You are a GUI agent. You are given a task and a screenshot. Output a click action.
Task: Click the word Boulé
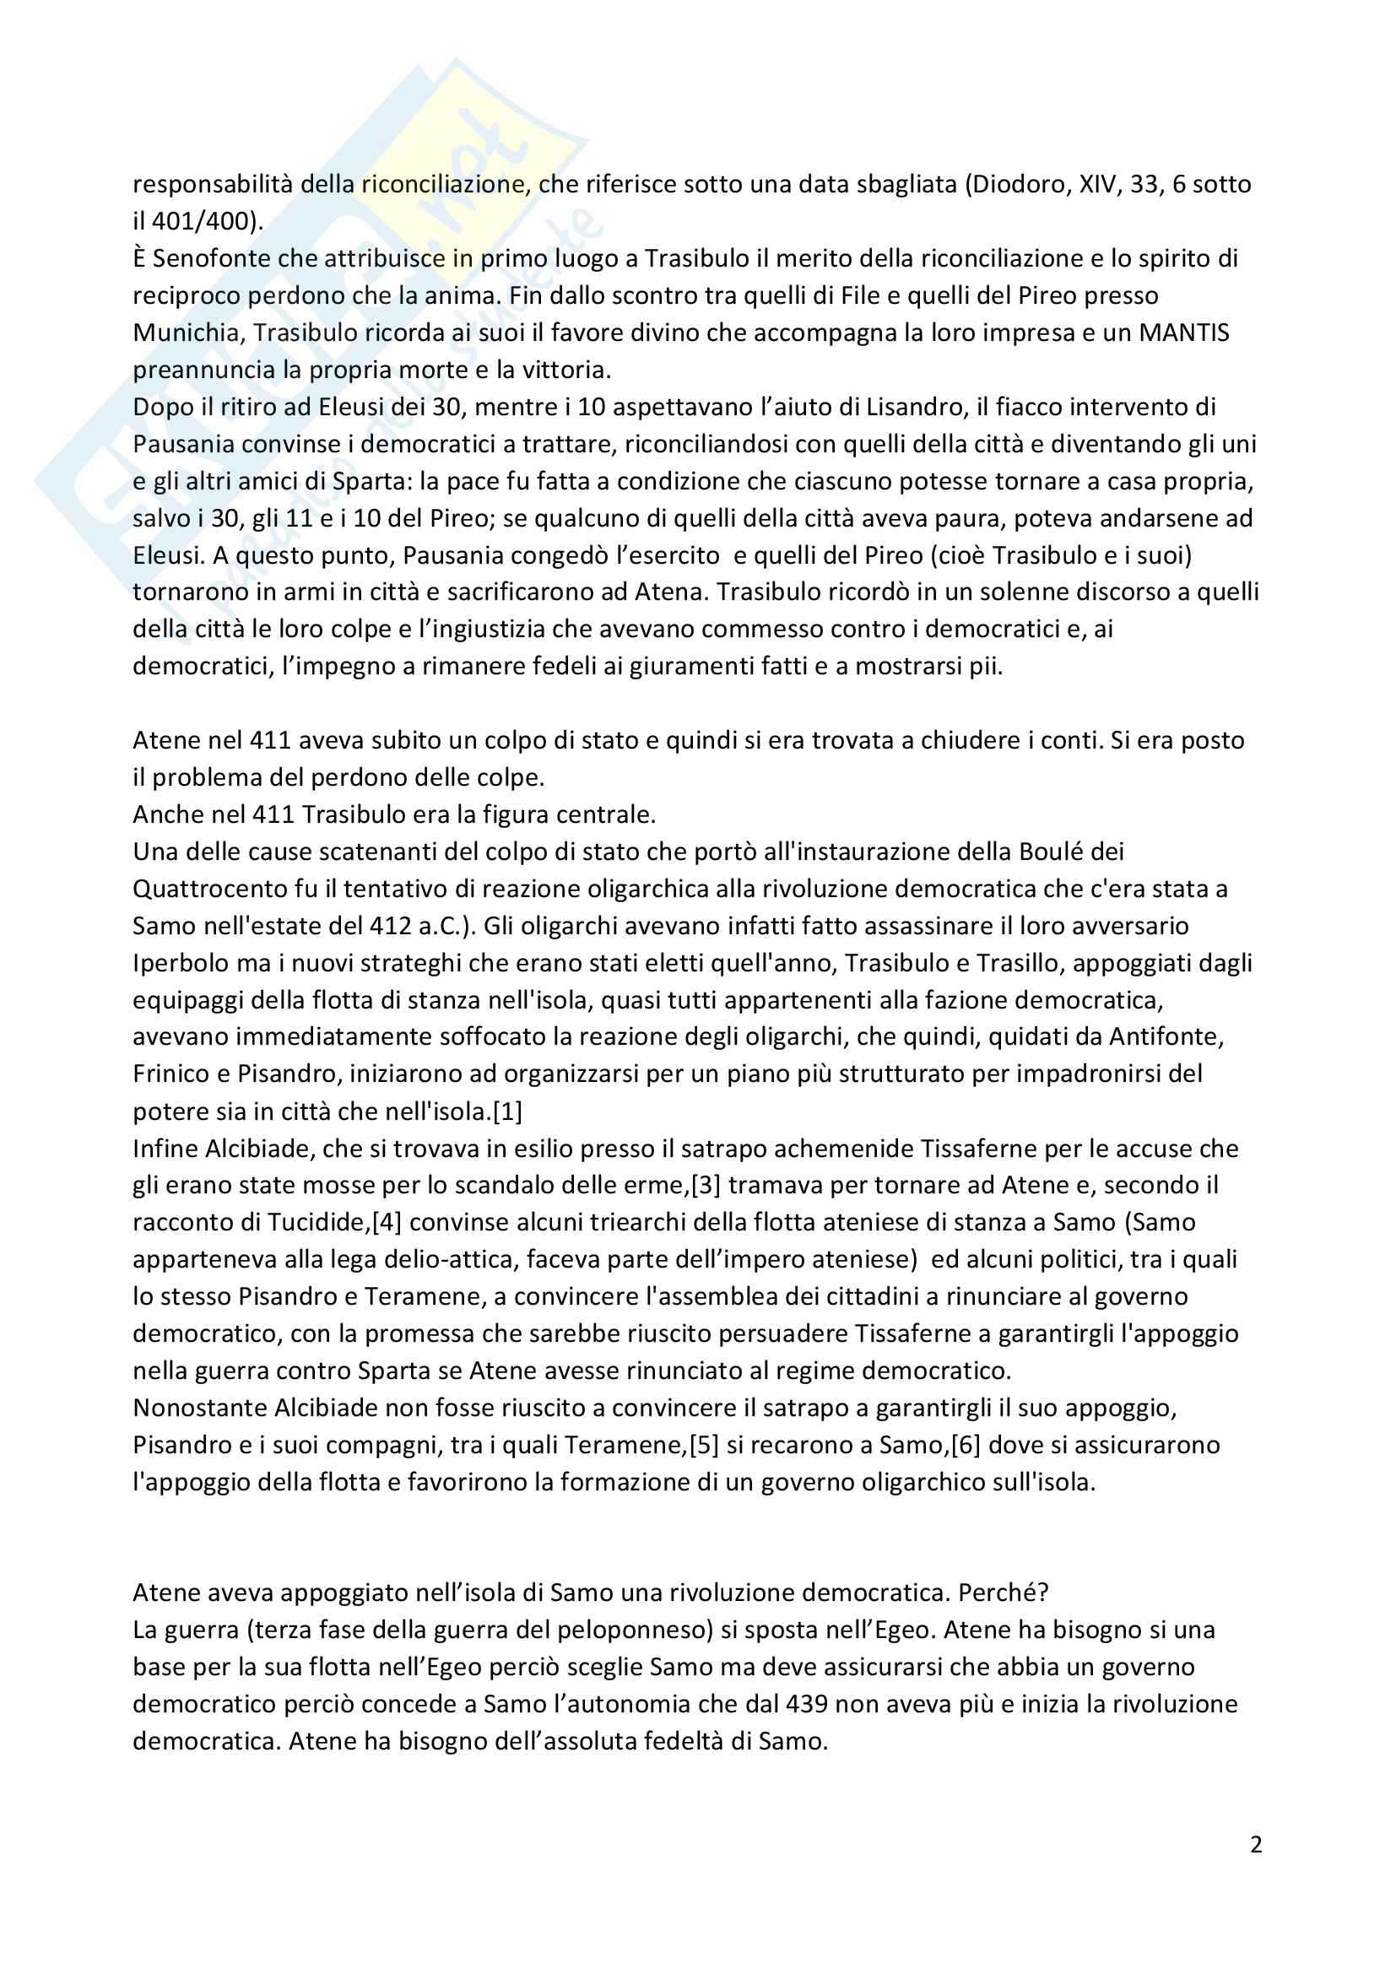tap(1050, 852)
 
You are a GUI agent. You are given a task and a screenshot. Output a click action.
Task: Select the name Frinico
tap(171, 1073)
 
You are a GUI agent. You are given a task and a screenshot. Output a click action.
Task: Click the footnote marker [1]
tap(507, 1111)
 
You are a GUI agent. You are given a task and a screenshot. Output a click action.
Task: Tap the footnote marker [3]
tap(706, 1185)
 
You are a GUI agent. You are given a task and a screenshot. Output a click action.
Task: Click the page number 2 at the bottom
tap(1256, 1844)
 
